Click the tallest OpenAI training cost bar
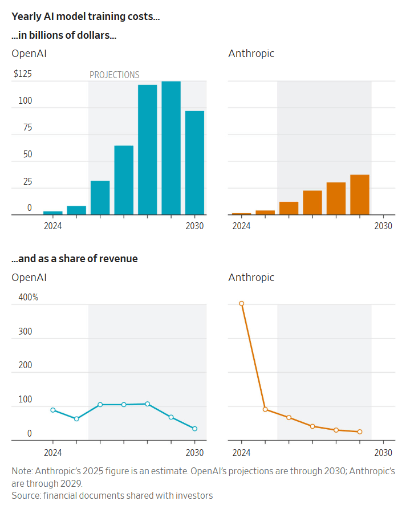tap(171, 148)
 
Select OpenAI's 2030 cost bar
tap(194, 163)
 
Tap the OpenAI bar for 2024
tap(53, 213)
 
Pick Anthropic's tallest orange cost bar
tap(360, 194)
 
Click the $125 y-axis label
tap(23, 74)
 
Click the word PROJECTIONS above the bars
tap(114, 75)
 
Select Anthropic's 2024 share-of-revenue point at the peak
tap(242, 304)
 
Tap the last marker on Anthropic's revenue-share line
tap(360, 431)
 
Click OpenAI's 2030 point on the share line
tap(194, 429)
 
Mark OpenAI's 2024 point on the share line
tap(53, 410)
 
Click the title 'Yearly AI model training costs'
tap(86, 17)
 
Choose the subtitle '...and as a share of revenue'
tap(75, 259)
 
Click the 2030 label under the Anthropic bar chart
tap(383, 226)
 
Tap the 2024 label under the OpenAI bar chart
tap(53, 226)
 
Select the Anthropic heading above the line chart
tap(251, 278)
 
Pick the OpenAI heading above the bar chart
tap(29, 54)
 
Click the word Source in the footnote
tap(26, 495)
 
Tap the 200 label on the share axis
tap(25, 365)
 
